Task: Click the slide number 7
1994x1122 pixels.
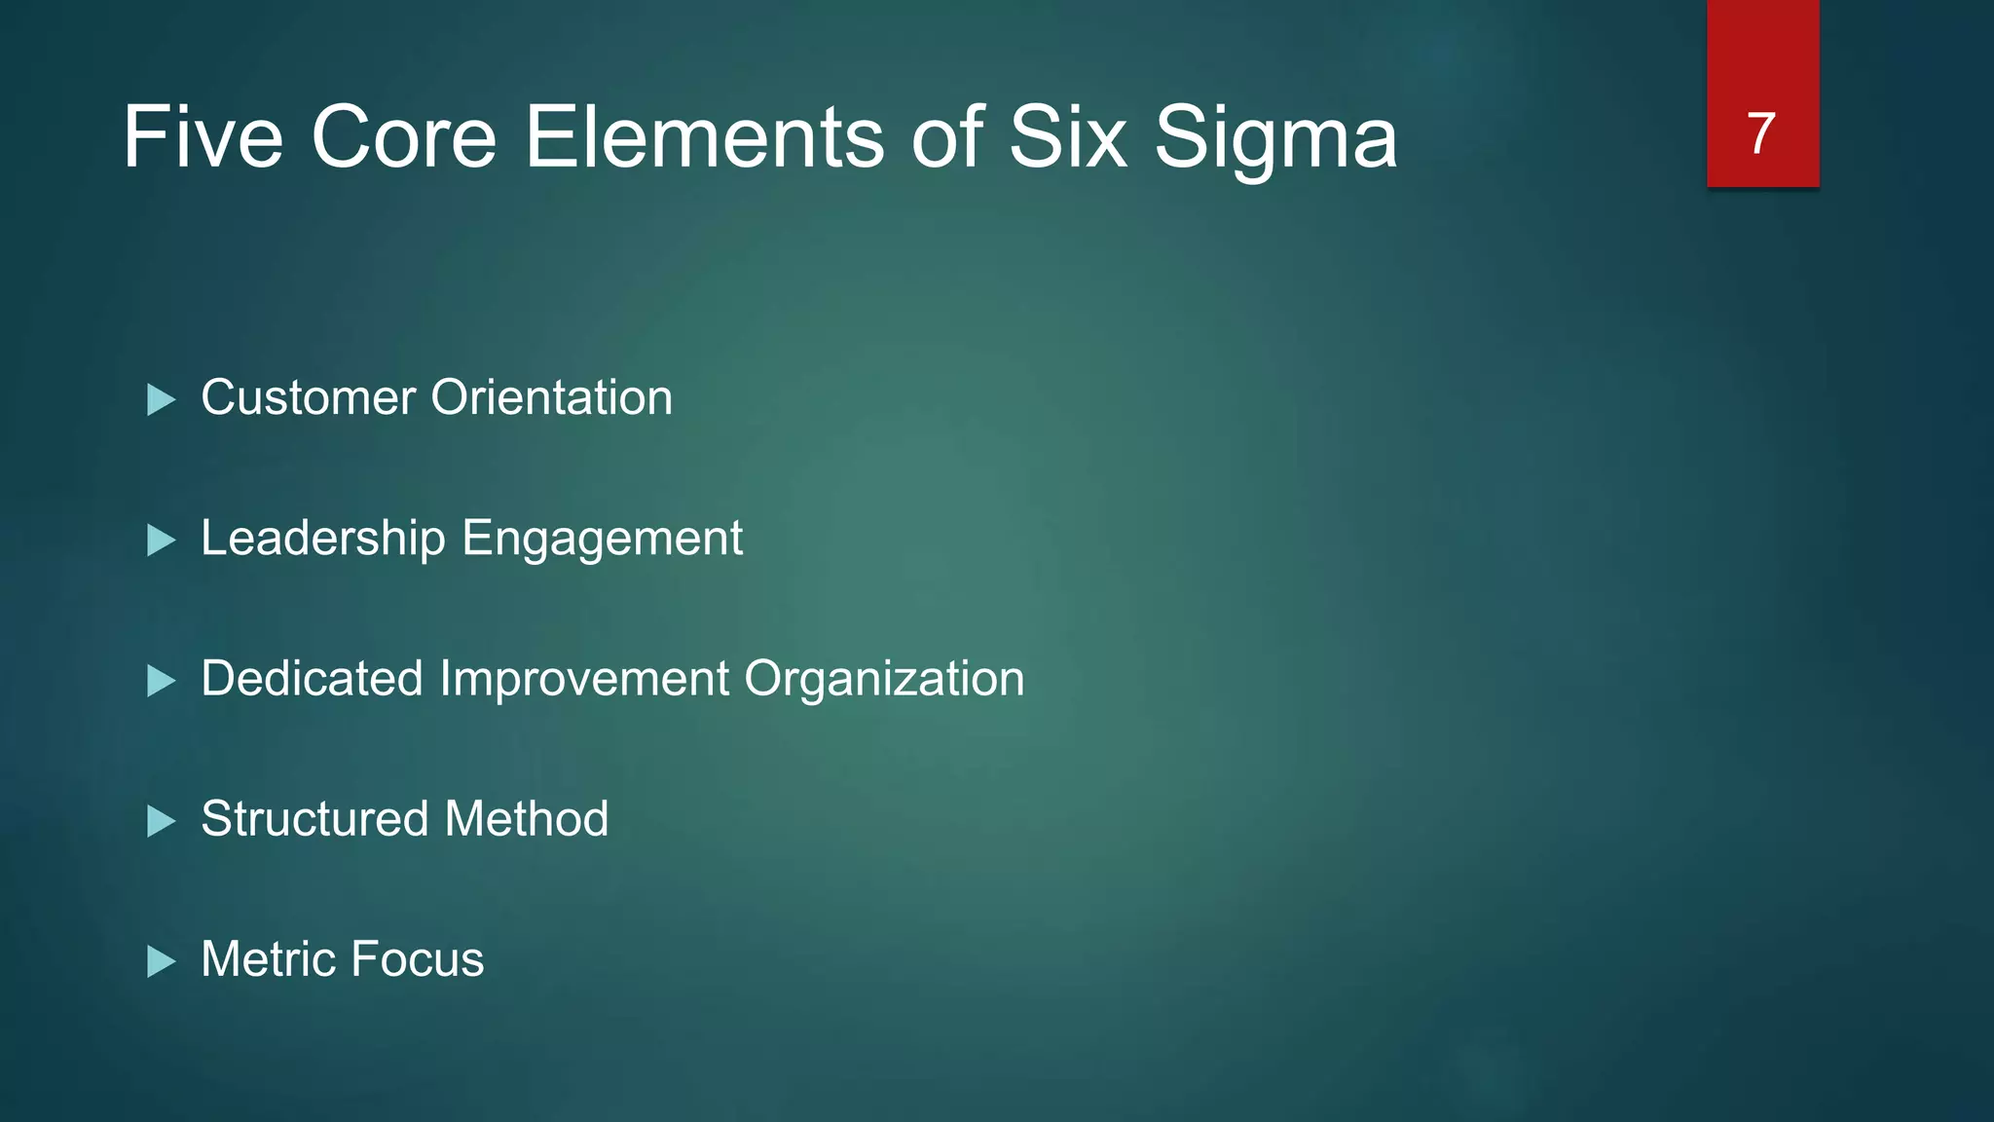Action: coord(1761,133)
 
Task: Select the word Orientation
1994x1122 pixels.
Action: coord(552,398)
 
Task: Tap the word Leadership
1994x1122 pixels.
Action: coord(323,540)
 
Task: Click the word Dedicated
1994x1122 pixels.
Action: coord(312,679)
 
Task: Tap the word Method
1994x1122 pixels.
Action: coord(526,819)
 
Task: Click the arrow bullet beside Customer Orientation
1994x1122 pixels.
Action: coord(161,399)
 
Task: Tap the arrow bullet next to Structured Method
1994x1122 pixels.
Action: coord(161,820)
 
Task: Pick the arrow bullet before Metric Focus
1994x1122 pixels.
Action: coord(161,961)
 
